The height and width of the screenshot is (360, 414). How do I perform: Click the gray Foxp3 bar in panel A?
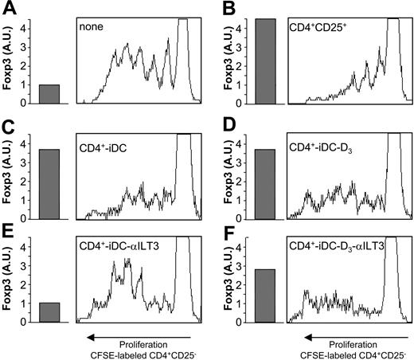click(49, 94)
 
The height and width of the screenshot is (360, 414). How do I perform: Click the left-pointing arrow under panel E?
click(136, 335)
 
